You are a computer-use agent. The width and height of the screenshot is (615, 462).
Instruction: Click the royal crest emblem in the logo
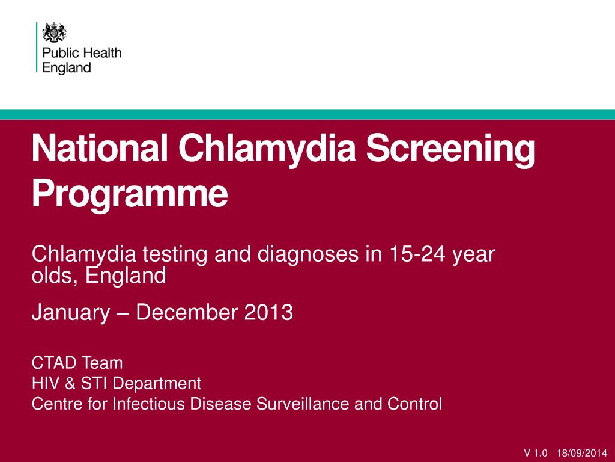pyautogui.click(x=55, y=32)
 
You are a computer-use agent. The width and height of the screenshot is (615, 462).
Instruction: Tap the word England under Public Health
pyautogui.click(x=67, y=68)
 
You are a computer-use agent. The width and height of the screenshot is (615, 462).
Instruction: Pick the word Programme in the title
pyautogui.click(x=130, y=193)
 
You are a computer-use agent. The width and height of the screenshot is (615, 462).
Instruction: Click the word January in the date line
pyautogui.click(x=71, y=313)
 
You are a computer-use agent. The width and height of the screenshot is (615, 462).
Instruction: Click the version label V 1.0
pyautogui.click(x=536, y=453)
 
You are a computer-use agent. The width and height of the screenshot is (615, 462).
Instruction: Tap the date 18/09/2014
pyautogui.click(x=582, y=453)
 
